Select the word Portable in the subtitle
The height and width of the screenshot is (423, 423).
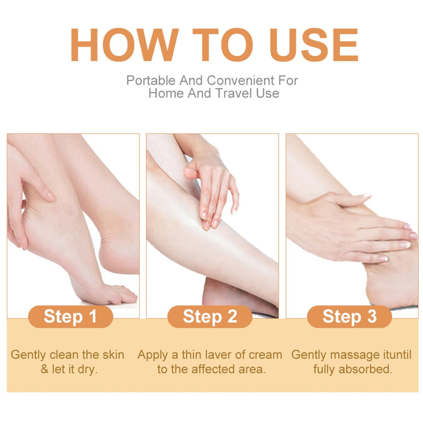[150, 81]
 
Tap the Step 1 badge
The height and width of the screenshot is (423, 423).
[70, 316]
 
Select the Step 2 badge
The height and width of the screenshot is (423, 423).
[210, 316]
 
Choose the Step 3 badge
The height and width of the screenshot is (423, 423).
[349, 316]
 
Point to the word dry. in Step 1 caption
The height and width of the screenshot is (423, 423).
[88, 369]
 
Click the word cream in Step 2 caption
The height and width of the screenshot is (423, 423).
[265, 355]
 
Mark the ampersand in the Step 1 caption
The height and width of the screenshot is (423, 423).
[44, 369]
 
